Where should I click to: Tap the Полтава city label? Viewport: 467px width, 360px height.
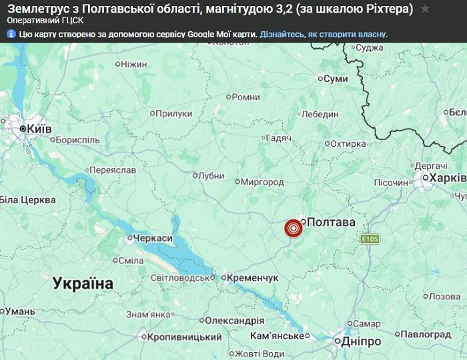[x=331, y=221]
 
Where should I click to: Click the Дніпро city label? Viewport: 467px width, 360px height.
[x=361, y=341]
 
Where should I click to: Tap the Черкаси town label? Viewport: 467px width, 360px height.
[x=153, y=238]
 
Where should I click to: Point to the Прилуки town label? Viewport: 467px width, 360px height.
[x=173, y=114]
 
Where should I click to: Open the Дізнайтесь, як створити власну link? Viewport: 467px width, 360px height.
[x=323, y=33]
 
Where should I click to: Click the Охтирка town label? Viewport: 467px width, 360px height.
[x=349, y=143]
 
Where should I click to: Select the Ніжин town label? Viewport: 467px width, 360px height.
[x=133, y=64]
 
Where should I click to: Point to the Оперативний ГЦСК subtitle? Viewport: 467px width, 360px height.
[x=46, y=21]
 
